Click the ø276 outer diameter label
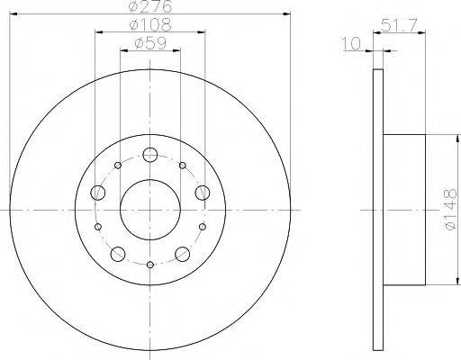pyautogui.click(x=149, y=7)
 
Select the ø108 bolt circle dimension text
pyautogui.click(x=149, y=24)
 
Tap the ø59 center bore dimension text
pyautogui.click(x=149, y=41)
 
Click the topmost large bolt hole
pyautogui.click(x=149, y=156)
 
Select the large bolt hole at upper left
pyautogui.click(x=97, y=190)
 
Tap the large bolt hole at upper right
pyautogui.click(x=202, y=190)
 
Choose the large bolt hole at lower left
pyautogui.click(x=117, y=252)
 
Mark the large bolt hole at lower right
pyautogui.click(x=182, y=252)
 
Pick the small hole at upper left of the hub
pyautogui.click(x=118, y=166)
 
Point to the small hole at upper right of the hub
pyautogui.click(x=182, y=166)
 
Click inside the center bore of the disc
pyautogui.click(x=149, y=209)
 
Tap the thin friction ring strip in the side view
pyautogui.click(x=377, y=209)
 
